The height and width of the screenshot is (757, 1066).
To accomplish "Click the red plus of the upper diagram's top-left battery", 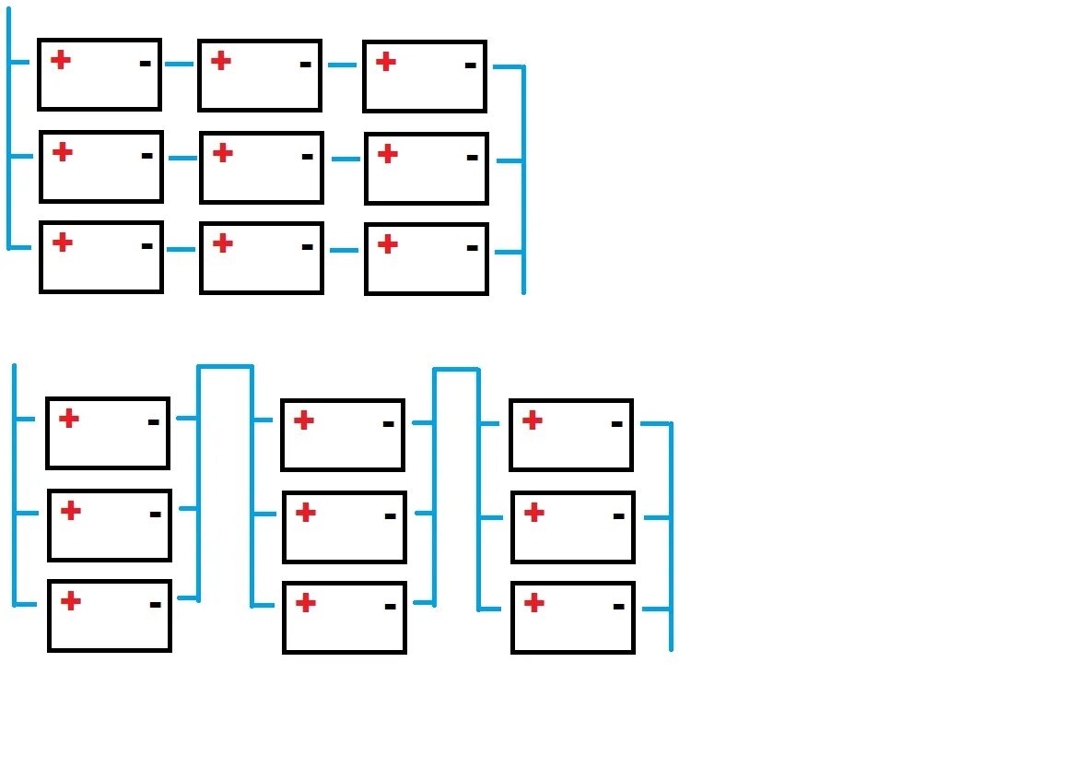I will [x=60, y=61].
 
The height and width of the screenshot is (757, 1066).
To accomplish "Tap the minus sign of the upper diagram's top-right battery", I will [x=470, y=65].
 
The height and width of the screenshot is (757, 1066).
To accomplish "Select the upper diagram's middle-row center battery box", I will [x=261, y=168].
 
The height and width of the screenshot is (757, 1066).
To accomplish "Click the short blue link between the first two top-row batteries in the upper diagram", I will [x=179, y=65].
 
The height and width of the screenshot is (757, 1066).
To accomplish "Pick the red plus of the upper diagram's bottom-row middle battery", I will [x=222, y=243].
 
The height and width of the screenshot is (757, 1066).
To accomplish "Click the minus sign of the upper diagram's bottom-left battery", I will [x=146, y=246].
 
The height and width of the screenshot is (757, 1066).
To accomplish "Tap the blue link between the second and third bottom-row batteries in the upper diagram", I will [x=343, y=250].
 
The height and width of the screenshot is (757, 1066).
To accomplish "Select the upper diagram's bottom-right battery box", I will [x=426, y=259].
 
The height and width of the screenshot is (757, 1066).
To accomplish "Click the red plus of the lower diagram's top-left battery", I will [x=68, y=419].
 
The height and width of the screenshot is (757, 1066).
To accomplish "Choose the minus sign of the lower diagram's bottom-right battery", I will [x=618, y=606].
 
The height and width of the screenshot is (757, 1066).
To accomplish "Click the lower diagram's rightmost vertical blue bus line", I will [x=671, y=535].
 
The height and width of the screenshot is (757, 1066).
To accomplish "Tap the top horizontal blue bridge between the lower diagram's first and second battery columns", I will [x=225, y=367].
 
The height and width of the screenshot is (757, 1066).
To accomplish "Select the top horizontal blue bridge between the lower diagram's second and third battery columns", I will [x=456, y=370].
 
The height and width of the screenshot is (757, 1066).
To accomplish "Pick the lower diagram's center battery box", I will [x=344, y=527].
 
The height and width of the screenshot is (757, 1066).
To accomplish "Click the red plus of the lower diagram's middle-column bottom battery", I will [x=306, y=603].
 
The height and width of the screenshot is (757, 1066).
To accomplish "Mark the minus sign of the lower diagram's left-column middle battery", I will [x=155, y=514].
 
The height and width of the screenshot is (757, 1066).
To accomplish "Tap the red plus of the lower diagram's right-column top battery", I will [x=532, y=420].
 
